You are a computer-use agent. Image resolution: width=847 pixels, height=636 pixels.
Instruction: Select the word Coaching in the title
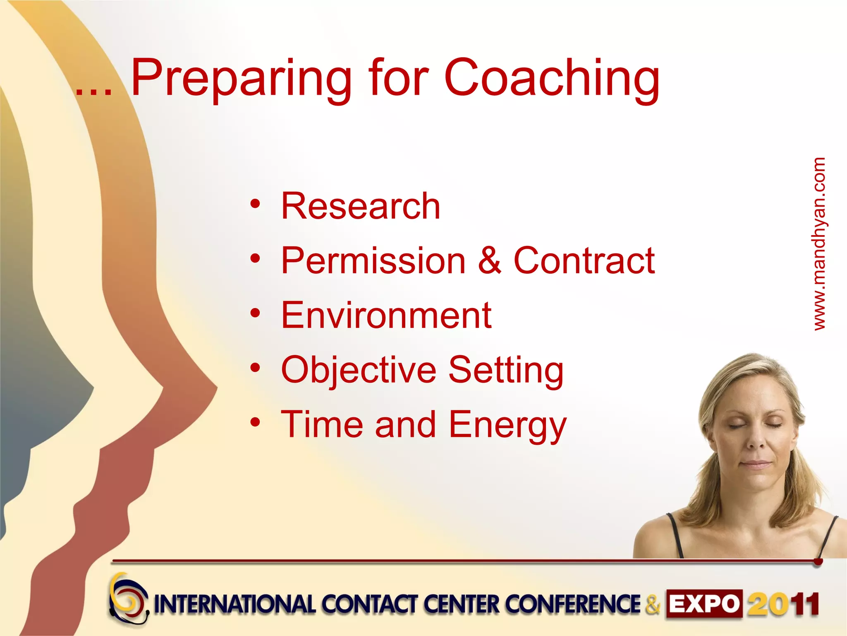552,79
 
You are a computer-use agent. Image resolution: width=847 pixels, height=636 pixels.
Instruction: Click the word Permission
373,261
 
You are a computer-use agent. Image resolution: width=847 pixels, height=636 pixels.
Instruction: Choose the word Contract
584,261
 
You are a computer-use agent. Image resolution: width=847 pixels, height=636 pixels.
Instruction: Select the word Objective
359,370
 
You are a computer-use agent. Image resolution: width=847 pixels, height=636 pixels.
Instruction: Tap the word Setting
506,370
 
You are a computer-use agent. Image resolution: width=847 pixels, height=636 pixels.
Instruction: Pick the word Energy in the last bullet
507,425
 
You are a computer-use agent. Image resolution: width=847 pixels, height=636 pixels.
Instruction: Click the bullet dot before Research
255,204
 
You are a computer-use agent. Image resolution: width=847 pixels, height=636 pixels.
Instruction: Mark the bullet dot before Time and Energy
255,422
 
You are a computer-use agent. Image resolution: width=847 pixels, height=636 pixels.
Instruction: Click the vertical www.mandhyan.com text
819,244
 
